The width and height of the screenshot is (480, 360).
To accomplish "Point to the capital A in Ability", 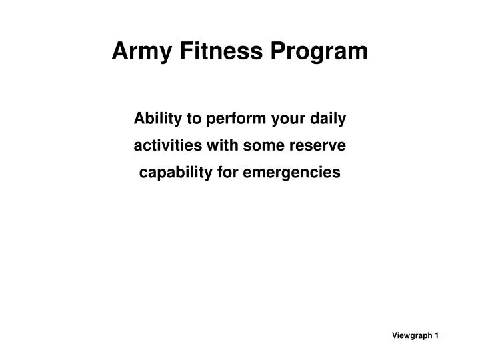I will pyautogui.click(x=139, y=120).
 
